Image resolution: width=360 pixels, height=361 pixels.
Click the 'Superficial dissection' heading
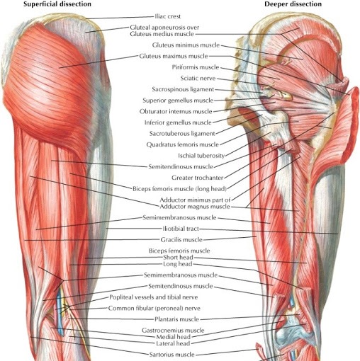tap(57, 4)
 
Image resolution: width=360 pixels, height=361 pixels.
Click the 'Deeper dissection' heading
tap(293, 4)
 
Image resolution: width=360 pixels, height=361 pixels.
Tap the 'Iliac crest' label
tap(168, 16)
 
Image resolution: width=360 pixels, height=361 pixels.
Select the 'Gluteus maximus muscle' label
tap(174, 56)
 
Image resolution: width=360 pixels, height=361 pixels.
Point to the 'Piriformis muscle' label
tap(196, 67)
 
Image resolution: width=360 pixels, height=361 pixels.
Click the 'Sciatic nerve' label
tap(198, 78)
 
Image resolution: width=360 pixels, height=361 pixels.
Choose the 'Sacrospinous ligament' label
tap(183, 89)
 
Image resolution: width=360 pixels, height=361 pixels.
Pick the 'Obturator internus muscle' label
tap(176, 111)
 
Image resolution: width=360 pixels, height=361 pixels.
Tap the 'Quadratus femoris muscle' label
tap(183, 144)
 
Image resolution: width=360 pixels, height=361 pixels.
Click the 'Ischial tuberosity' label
tap(201, 156)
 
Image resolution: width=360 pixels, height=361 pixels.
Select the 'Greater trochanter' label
tap(198, 178)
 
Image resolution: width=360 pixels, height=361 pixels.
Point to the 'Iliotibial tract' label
tap(181, 229)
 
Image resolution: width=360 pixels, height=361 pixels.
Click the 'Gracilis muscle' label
tap(181, 240)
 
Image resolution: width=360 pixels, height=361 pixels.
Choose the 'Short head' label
tap(178, 257)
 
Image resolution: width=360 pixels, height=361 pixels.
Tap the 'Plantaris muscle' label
tap(176, 319)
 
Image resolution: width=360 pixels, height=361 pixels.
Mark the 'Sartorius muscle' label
tap(172, 355)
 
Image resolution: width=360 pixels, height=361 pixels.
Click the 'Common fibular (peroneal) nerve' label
tap(154, 308)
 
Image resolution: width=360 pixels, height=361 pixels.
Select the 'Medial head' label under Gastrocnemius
tap(174, 337)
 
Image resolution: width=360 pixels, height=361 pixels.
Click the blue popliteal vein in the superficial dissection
tap(60, 311)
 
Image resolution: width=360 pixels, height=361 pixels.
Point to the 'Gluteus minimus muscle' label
tap(186, 45)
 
